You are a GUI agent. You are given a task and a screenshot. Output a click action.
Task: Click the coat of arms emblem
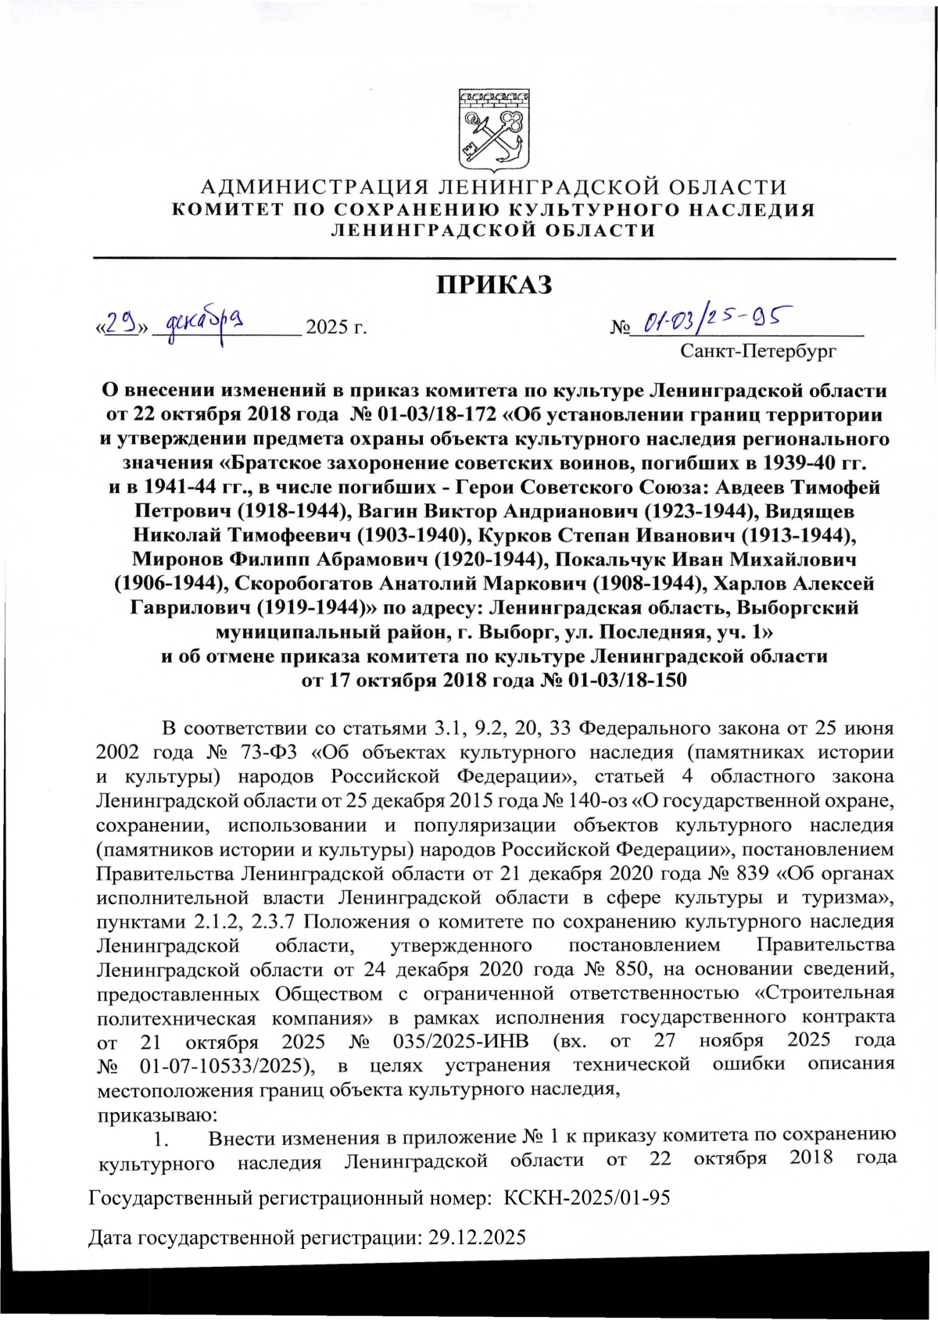click(x=493, y=130)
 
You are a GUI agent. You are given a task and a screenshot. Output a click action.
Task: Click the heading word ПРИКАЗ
click(x=493, y=284)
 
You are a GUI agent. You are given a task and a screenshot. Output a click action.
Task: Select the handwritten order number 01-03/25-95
click(x=713, y=318)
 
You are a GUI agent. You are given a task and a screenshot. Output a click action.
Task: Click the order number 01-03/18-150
click(x=628, y=680)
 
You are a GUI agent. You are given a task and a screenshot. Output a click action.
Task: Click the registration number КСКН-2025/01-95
click(x=587, y=1198)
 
